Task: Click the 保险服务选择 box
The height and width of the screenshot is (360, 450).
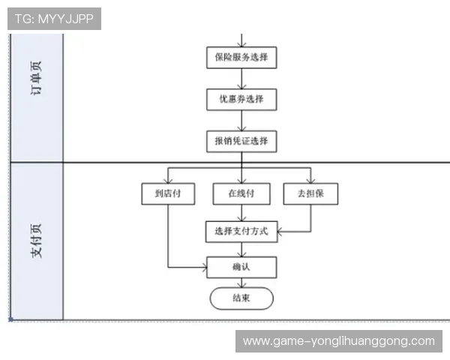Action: click(241, 58)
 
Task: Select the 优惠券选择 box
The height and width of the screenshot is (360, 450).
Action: click(241, 99)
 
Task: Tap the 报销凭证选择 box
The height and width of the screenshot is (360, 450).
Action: click(241, 140)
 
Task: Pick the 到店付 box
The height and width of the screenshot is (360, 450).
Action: click(168, 194)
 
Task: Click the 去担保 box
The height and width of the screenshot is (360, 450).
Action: click(310, 194)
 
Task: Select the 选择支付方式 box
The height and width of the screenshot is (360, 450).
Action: click(241, 231)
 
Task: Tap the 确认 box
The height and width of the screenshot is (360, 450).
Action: click(241, 267)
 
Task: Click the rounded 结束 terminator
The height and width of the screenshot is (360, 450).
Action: click(241, 298)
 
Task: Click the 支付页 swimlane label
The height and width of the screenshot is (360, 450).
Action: click(37, 241)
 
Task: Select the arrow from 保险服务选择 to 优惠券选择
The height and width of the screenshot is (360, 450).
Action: click(241, 79)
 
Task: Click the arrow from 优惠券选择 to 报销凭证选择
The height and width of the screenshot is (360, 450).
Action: click(241, 120)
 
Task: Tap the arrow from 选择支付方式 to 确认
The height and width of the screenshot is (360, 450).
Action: click(241, 249)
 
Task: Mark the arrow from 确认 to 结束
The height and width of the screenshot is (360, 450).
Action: click(241, 283)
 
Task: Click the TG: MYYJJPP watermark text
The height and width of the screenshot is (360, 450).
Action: click(54, 19)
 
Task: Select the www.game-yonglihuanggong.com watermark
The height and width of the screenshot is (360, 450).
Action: click(339, 341)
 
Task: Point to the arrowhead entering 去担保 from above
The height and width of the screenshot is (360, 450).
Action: click(310, 180)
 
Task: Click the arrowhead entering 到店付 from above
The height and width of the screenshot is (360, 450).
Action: click(168, 180)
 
